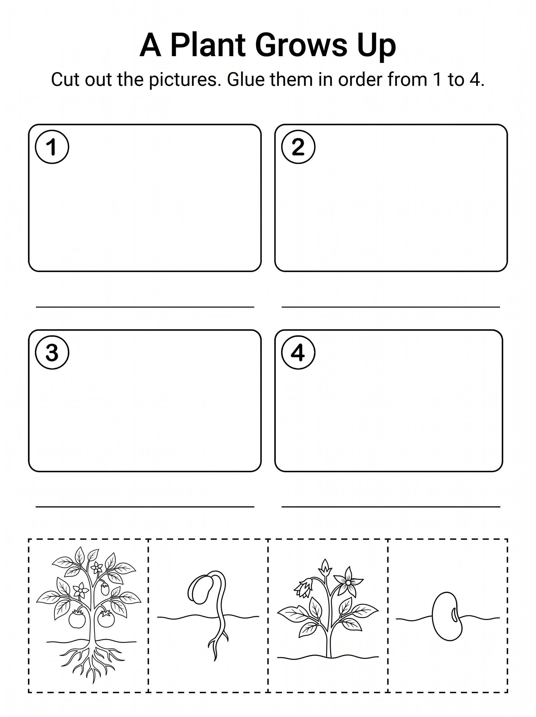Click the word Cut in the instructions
click(x=66, y=80)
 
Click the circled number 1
click(x=52, y=147)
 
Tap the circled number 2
click(x=298, y=147)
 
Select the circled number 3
click(x=52, y=352)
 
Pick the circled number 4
click(x=298, y=352)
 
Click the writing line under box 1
click(x=145, y=307)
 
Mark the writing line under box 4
click(x=391, y=506)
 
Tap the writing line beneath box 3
click(x=145, y=506)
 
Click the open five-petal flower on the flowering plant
click(x=348, y=583)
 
